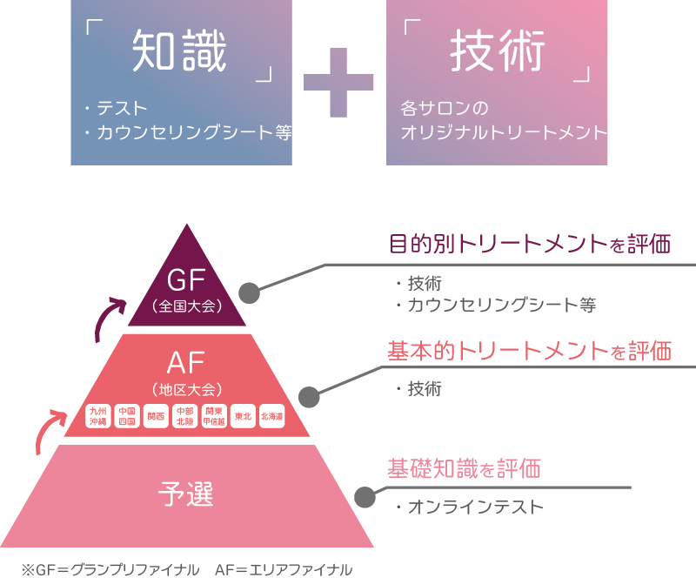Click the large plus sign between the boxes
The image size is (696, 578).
tap(338, 83)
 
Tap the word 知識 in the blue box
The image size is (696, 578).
tap(179, 52)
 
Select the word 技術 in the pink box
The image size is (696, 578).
tap(497, 52)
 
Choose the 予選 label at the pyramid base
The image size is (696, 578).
tap(186, 494)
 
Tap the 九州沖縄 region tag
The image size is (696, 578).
tap(99, 416)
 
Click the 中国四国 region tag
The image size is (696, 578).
tap(127, 416)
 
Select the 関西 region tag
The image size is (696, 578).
tap(156, 416)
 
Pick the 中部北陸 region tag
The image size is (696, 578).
tap(184, 416)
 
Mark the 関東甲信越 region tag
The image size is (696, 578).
tap(214, 416)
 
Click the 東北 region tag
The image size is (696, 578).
tap(243, 416)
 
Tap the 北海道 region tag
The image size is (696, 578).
tap(271, 416)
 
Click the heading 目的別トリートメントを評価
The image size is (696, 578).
tap(529, 244)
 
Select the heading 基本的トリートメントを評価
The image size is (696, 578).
tap(529, 352)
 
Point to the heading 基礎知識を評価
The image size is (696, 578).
tap(464, 469)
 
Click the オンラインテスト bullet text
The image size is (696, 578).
tap(474, 507)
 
